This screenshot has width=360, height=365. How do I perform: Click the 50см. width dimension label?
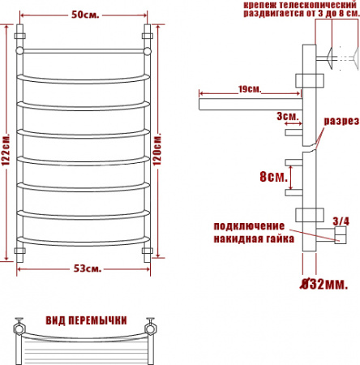tap(85, 15)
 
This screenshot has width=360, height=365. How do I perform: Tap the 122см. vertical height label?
tap(6, 149)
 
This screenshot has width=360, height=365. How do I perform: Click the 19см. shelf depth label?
tap(250, 89)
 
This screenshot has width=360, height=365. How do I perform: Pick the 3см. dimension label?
tap(288, 116)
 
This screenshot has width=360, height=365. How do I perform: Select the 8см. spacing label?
tap(273, 177)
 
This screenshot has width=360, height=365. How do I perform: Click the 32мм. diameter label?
tap(324, 284)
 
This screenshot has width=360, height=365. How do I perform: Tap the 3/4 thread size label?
tap(341, 221)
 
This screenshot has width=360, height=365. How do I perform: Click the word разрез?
tap(341, 121)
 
